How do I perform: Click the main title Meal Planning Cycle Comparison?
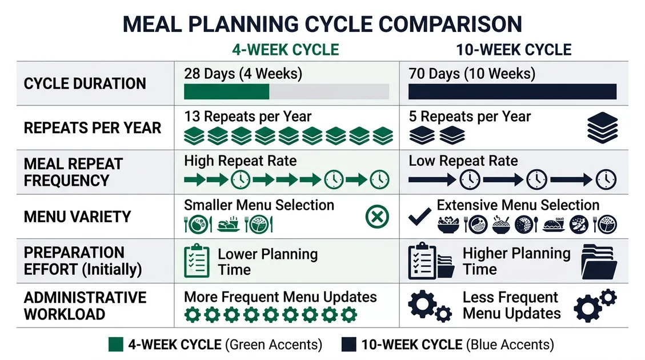(x=322, y=24)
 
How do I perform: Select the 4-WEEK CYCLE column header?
(x=285, y=50)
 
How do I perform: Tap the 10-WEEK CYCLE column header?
(x=514, y=50)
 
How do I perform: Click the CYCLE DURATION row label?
(x=85, y=83)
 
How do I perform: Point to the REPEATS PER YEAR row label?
(x=92, y=127)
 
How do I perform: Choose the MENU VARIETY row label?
(x=77, y=217)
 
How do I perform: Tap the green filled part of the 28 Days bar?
(x=226, y=92)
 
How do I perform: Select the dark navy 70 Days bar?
(x=512, y=92)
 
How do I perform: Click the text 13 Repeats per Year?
(x=247, y=117)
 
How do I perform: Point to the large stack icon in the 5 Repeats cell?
(x=602, y=128)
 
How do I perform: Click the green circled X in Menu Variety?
(x=377, y=217)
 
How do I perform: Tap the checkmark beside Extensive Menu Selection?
(x=420, y=217)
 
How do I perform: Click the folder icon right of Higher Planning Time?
(x=599, y=262)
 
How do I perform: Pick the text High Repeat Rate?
(x=240, y=161)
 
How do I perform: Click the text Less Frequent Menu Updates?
(x=511, y=306)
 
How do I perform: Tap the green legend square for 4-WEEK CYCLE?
(x=115, y=345)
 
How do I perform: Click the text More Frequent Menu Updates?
(x=280, y=297)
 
